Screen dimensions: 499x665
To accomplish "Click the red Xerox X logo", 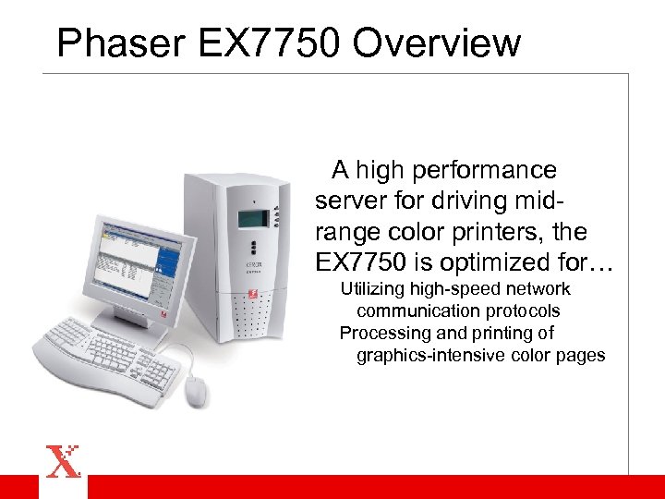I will click(x=63, y=461).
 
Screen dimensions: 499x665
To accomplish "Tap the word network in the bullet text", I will click(x=538, y=289).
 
